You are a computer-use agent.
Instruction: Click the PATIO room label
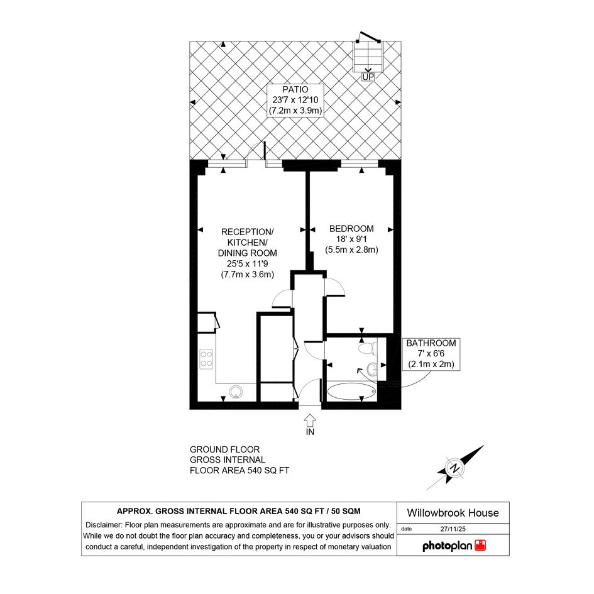coord(295,90)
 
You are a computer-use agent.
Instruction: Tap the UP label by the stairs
coord(368,77)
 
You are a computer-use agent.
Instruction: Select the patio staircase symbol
coord(368,57)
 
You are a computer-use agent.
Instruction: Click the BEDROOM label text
coord(351,229)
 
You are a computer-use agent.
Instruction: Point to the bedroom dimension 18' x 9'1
coord(351,239)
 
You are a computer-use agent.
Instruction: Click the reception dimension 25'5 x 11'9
coord(248,263)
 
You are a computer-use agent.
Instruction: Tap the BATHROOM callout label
coord(431,343)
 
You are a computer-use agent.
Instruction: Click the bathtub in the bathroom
coord(351,392)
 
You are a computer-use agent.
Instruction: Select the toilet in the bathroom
coord(368,348)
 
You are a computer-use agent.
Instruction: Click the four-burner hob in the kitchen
coord(206,359)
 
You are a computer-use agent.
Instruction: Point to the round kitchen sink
coord(236,392)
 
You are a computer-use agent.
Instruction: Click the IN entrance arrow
coord(310,420)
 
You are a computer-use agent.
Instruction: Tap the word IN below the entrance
coord(310,432)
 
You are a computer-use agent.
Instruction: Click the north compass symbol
coord(455,468)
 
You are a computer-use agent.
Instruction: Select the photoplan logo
coord(454,546)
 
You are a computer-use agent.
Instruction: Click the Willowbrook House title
coord(453,513)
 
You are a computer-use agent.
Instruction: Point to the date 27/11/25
coord(453,529)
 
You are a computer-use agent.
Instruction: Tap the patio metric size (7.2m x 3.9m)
coord(295,111)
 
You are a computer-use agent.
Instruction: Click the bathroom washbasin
coord(372,368)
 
